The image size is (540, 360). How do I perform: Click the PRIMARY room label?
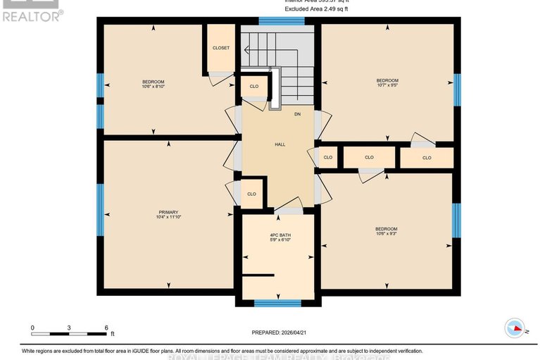[168, 212]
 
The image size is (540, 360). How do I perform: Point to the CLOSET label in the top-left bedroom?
[220, 48]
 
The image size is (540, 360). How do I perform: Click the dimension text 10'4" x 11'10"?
[168, 218]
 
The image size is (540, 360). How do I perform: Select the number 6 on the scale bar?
[106, 328]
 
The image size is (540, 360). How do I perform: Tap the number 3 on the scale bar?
[69, 328]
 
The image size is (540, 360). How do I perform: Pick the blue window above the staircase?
[282, 20]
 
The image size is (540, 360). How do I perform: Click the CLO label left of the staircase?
[254, 87]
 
